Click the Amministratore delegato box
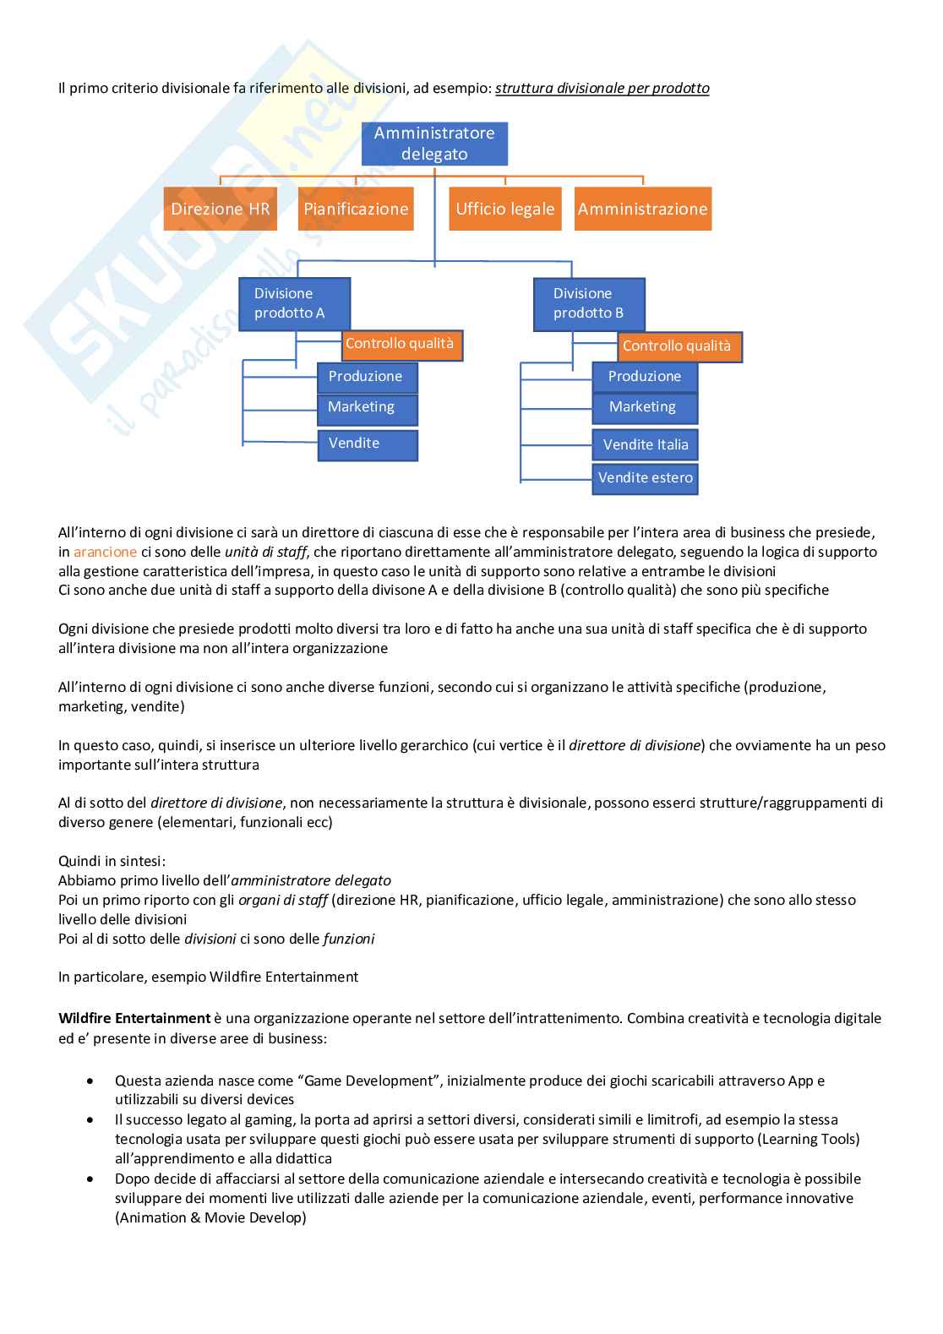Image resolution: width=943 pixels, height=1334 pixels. pyautogui.click(x=434, y=144)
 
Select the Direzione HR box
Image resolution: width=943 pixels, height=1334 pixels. pyautogui.click(x=220, y=209)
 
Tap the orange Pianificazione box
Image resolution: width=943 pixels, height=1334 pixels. pyautogui.click(x=356, y=209)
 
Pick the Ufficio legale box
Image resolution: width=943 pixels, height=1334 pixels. pyautogui.click(x=505, y=209)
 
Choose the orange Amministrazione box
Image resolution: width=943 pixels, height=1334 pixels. pyautogui.click(x=643, y=209)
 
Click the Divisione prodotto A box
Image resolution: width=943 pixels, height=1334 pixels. pyautogui.click(x=294, y=303)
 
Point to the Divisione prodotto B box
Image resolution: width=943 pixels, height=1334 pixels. pyautogui.click(x=589, y=304)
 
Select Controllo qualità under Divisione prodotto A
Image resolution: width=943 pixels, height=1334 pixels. pyautogui.click(x=402, y=345)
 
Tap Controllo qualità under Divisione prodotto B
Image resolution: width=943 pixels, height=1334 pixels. pyautogui.click(x=679, y=346)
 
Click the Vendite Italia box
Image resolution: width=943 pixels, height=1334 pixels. pyautogui.click(x=645, y=445)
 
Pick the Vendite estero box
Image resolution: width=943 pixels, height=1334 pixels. pyautogui.click(x=645, y=478)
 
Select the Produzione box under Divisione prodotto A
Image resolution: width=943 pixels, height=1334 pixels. pyautogui.click(x=368, y=377)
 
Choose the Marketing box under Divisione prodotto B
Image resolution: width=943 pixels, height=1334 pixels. pyautogui.click(x=645, y=408)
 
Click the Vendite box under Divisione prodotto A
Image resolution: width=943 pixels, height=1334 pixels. pyautogui.click(x=368, y=444)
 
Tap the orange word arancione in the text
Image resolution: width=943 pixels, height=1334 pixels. pyautogui.click(x=105, y=552)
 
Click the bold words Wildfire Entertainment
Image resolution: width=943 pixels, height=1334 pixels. pyautogui.click(x=134, y=1018)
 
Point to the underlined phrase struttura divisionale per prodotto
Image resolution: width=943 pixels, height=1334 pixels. pyautogui.click(x=602, y=88)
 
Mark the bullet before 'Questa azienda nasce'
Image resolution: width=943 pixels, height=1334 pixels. pyautogui.click(x=90, y=1081)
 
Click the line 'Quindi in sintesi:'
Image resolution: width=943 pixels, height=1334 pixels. pyautogui.click(x=112, y=861)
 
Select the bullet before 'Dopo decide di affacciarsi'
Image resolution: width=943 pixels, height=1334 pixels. pyautogui.click(x=90, y=1179)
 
